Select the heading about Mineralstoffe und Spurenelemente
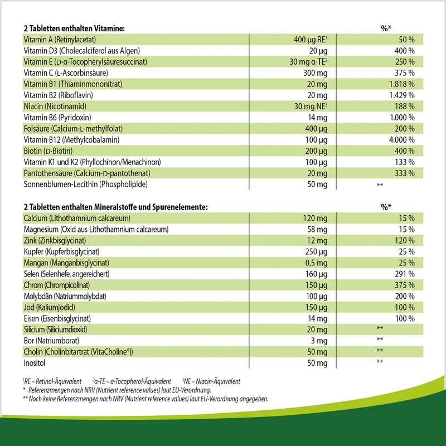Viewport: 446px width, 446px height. [115, 207]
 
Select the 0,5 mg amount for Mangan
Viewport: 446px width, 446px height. [316, 263]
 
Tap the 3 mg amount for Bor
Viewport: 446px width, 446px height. [319, 341]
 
